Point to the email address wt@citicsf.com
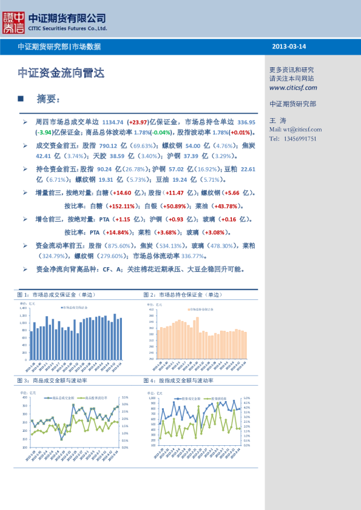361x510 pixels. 302,130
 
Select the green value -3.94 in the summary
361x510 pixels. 43,133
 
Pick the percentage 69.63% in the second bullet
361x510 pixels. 143,146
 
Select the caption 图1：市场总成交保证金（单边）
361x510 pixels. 56,294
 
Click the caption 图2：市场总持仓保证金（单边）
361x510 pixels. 182,294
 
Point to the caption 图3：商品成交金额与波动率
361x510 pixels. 52,380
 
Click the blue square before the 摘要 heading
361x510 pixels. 21,98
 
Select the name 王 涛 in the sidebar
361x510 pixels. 277,121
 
